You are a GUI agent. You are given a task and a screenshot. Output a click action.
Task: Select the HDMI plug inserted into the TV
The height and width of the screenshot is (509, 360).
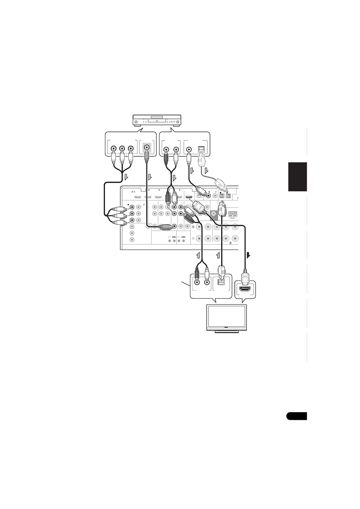pyautogui.click(x=245, y=276)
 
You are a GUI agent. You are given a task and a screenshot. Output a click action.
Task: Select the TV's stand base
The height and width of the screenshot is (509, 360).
pyautogui.click(x=227, y=332)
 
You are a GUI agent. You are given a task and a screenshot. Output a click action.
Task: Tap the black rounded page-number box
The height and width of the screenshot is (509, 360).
pyautogui.click(x=296, y=416)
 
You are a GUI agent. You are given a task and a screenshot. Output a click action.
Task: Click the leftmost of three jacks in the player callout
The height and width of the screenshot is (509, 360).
pyautogui.click(x=113, y=149)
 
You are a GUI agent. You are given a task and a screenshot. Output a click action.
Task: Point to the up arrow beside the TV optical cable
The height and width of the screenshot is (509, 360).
pyautogui.click(x=218, y=255)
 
